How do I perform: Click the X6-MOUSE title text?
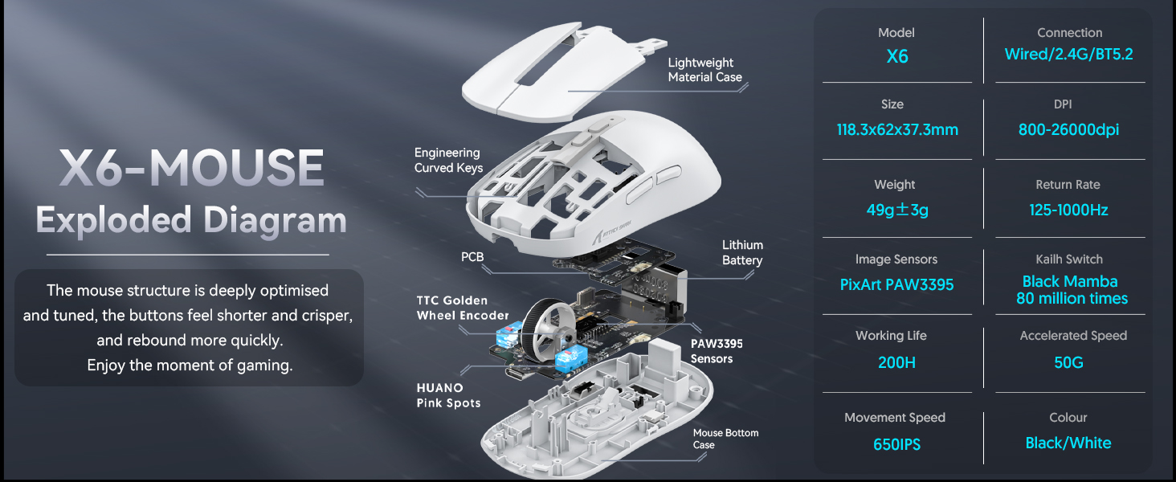[191, 167]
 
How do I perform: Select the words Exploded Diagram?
[191, 220]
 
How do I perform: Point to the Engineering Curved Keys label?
[448, 160]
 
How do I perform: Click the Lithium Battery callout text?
[742, 252]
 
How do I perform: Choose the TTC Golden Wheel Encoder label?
[463, 308]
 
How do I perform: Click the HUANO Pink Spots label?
[448, 395]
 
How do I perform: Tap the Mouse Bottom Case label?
[725, 439]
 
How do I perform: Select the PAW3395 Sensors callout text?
[717, 350]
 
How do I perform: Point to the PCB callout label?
[472, 257]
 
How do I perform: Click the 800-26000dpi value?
[1068, 129]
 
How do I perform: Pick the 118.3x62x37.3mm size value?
[897, 129]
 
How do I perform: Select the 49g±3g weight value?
[896, 210]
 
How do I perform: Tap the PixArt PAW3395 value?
[896, 284]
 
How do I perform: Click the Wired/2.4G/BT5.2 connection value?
[1068, 55]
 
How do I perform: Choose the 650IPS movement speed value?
[896, 443]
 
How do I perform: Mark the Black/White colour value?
[1068, 443]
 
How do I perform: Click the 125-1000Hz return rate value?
[1068, 210]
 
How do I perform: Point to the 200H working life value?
[896, 362]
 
